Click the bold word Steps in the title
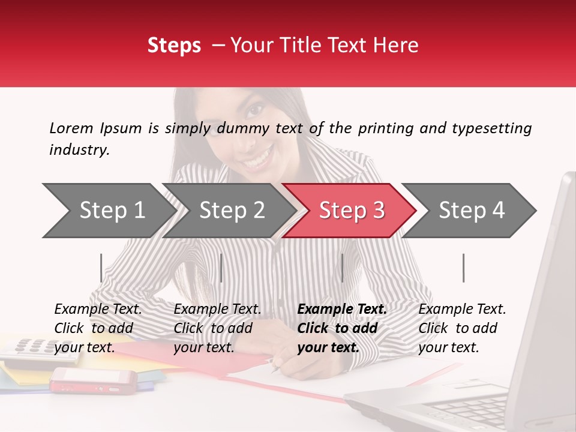coord(174,46)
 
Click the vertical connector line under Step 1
coord(101,268)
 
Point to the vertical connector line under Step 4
coord(463,268)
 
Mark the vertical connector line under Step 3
coord(342,268)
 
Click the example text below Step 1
coord(98,328)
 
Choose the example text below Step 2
coord(217,328)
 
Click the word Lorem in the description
coord(71,128)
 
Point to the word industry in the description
coord(79,150)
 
